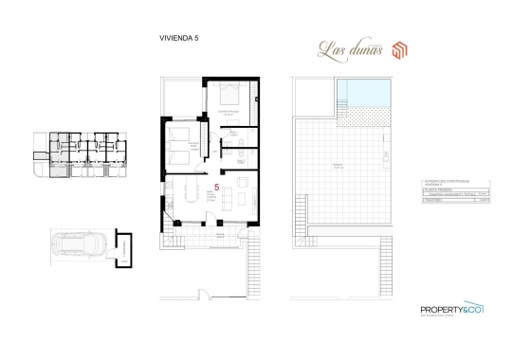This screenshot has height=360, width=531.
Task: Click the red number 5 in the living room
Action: pos(219,189)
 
